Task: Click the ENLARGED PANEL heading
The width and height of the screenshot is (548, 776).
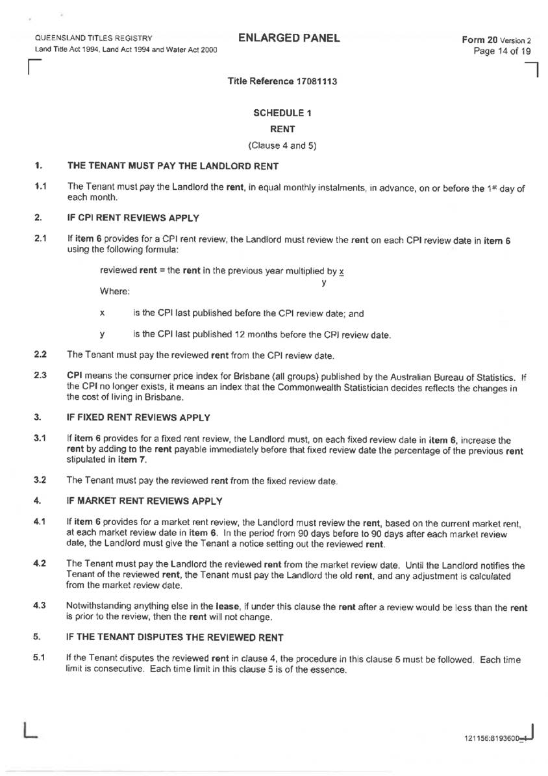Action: coord(289,38)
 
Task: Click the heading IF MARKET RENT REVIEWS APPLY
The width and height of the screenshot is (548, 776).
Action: coord(145,500)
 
